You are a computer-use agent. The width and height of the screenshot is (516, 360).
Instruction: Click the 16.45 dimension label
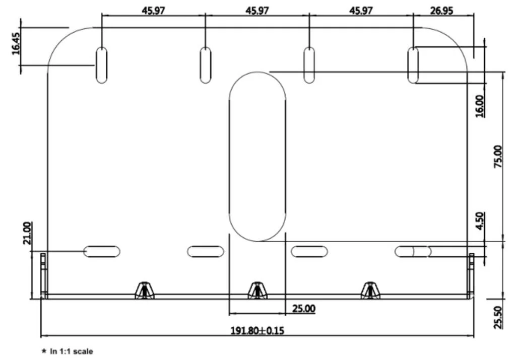coord(16,43)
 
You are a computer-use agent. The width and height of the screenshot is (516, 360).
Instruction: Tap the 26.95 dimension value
coord(441,11)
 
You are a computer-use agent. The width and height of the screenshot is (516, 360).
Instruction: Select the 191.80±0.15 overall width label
coord(257,330)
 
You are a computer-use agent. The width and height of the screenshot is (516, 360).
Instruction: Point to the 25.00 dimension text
coord(304,308)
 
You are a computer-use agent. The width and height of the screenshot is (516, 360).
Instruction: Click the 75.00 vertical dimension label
coord(498,157)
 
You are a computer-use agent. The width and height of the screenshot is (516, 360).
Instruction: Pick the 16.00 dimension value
coord(480,106)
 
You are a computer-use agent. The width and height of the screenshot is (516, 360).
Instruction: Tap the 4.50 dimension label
coord(480,221)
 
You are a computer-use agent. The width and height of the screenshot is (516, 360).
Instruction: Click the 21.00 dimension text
coord(27,233)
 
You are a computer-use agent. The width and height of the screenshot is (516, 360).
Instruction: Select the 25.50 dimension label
coord(498,317)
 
